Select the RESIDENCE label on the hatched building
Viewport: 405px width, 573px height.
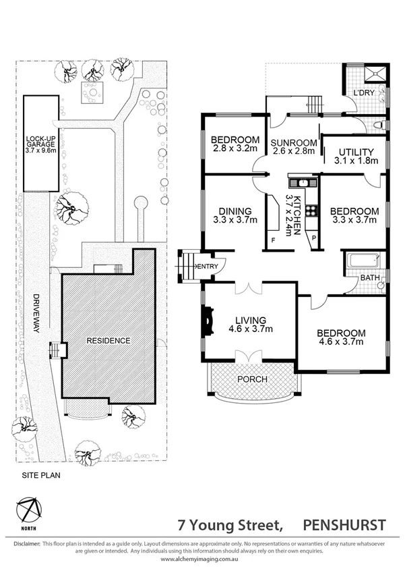(x=108, y=341)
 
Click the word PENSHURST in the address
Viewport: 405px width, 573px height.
(x=344, y=524)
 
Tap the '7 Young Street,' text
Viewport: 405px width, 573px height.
(x=229, y=524)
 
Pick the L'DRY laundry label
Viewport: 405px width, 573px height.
(x=364, y=92)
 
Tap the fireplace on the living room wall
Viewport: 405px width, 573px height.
(x=207, y=321)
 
